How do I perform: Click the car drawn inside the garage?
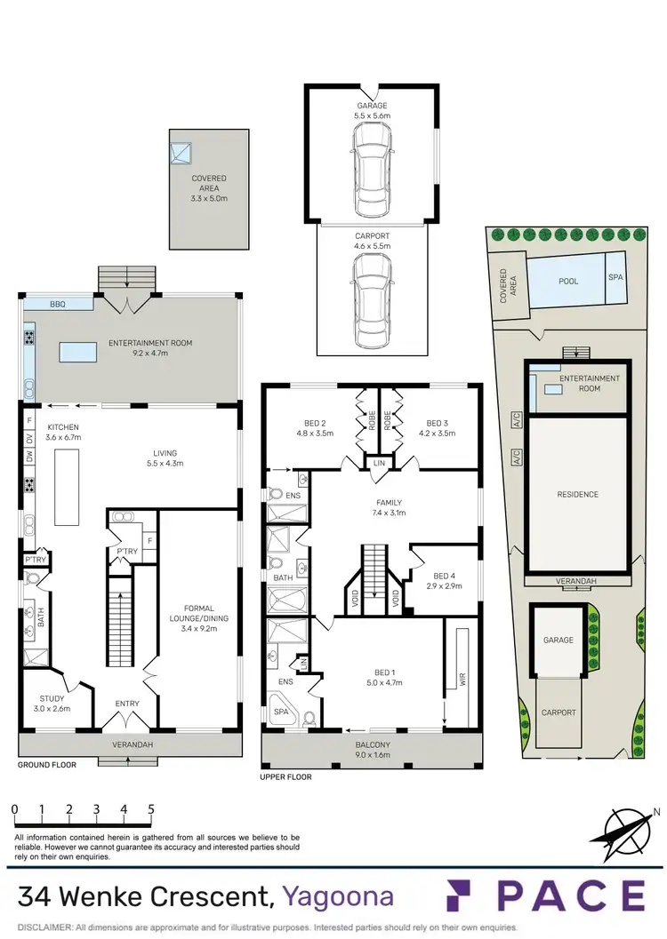pos(372,169)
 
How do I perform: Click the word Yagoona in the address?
pos(338,896)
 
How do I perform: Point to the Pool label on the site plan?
pos(567,282)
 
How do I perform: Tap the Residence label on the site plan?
pos(577,494)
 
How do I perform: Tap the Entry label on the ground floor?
pos(127,704)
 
